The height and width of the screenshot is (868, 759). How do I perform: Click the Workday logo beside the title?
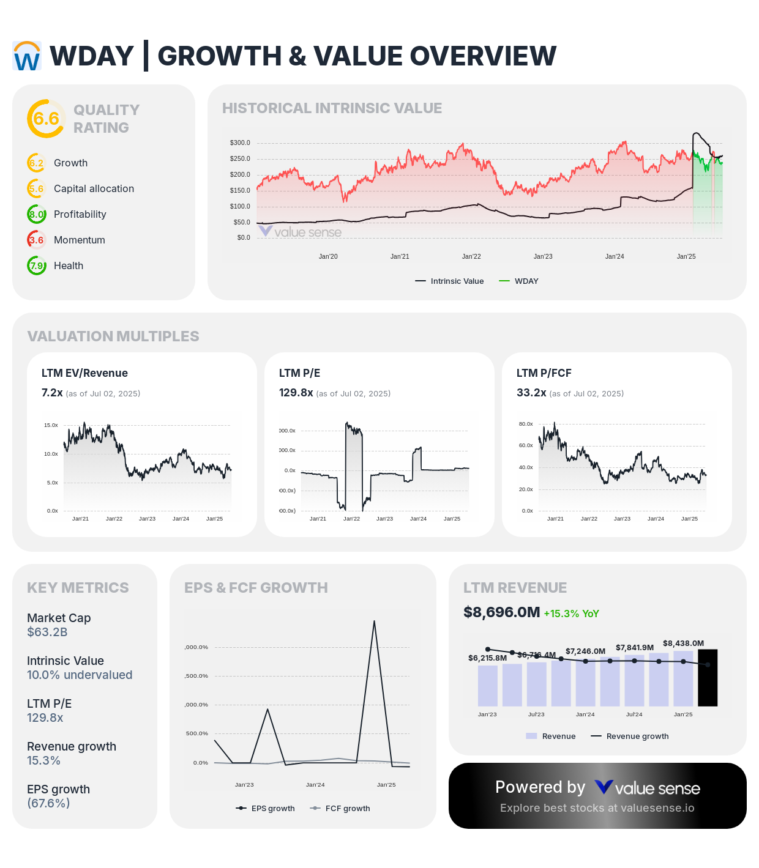coord(27,56)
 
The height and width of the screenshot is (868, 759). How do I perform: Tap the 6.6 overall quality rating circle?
coord(46,119)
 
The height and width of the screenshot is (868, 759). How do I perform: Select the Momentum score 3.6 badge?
coord(37,240)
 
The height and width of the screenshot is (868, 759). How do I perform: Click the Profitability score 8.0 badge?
coord(37,214)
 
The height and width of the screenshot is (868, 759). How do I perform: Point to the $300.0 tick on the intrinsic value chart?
coord(240,143)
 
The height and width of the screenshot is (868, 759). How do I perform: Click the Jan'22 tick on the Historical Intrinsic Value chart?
coord(471,256)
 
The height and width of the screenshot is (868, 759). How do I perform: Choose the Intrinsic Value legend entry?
coord(450,281)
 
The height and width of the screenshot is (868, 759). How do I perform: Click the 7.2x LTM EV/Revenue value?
coord(52,393)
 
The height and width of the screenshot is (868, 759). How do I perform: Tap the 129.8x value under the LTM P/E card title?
coord(296,393)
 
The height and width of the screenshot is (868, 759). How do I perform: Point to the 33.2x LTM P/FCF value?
coord(531,393)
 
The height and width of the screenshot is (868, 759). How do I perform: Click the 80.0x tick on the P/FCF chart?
coord(526,424)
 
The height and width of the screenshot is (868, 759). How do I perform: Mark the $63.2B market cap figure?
coord(47,632)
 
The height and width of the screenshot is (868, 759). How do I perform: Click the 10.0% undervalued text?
coord(80,675)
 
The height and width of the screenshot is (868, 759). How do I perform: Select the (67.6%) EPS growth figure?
coord(48,803)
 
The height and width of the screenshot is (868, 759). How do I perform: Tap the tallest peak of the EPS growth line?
coord(374,621)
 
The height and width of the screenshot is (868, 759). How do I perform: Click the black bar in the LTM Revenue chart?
coord(708,678)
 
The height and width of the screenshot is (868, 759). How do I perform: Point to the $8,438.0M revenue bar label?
coord(683,644)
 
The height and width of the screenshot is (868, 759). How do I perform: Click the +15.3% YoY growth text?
coord(571,614)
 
